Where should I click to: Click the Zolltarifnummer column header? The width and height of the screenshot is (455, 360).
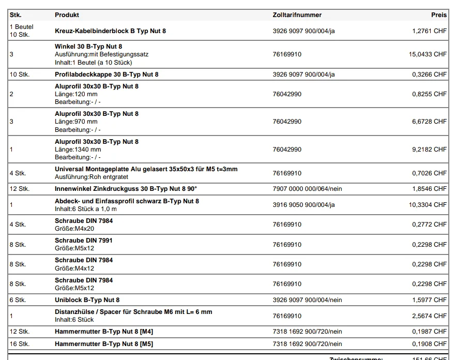(297, 15)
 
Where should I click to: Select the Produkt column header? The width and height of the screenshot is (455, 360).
(67, 15)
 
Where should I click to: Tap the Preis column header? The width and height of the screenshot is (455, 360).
(439, 15)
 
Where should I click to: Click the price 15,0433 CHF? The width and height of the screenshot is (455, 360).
(428, 54)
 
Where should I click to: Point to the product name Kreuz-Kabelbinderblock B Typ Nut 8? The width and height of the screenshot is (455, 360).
(110, 31)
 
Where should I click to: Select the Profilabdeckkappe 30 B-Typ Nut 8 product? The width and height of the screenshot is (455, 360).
(107, 74)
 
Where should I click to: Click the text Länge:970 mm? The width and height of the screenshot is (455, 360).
(76, 122)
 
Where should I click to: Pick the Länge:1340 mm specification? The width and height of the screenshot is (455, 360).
(78, 149)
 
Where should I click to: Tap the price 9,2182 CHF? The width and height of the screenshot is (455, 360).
(429, 149)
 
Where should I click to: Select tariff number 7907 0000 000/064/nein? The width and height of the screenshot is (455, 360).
(307, 189)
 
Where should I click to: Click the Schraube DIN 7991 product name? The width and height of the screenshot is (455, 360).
(84, 241)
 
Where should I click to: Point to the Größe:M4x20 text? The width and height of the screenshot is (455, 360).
(74, 229)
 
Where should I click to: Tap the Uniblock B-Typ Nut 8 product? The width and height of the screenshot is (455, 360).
(87, 300)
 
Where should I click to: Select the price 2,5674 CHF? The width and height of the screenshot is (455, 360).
(429, 316)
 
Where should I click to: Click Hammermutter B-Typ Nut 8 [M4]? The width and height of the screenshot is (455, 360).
(104, 332)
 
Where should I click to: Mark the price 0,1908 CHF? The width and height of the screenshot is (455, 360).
(429, 344)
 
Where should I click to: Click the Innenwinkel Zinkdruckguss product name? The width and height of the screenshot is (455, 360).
(126, 189)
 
